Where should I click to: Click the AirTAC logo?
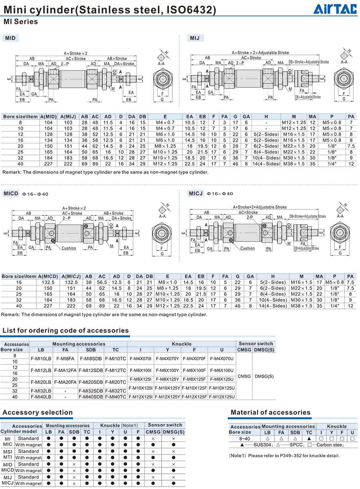coord(335,8)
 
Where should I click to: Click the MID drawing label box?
coord(11,38)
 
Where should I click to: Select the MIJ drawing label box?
coord(195,38)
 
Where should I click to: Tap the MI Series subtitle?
coord(21,22)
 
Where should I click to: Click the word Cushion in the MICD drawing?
coord(69,248)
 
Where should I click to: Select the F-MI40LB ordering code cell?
coord(41,397)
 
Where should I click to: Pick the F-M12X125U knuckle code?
coord(222,397)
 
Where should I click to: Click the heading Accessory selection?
coord(38,413)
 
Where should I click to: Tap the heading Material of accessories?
coord(270,413)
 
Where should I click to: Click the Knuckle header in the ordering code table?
coord(182,344)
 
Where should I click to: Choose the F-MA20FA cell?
coord(66,382)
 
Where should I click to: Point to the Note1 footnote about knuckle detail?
coord(284,455)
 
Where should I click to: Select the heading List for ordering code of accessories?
coord(66,331)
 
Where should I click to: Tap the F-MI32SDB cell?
coord(91,391)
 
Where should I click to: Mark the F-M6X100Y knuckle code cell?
coord(168,370)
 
